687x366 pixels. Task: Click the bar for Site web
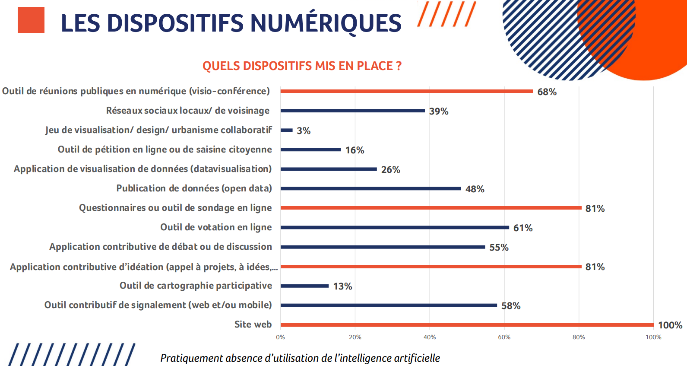pos(467,325)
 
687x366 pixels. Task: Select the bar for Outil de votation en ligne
pos(395,227)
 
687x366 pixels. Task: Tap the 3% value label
pos(304,131)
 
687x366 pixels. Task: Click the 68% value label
pos(547,92)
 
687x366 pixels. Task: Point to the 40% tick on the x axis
pos(430,337)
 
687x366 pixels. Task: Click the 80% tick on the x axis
pos(579,337)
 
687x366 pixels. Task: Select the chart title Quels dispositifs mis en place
pos(302,66)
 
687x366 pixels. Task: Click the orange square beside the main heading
pos(31,20)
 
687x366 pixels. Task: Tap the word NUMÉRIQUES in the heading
pos(326,23)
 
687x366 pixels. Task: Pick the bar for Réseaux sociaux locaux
pos(353,111)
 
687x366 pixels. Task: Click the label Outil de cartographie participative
pos(196,286)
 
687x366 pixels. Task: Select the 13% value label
pos(342,286)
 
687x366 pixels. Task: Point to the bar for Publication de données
pos(371,188)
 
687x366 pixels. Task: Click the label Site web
pos(253,325)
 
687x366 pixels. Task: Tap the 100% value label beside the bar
pos(670,325)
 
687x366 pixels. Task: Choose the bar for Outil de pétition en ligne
pos(310,150)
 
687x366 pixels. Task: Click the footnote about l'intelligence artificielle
pos(300,358)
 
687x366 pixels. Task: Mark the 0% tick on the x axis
pos(281,337)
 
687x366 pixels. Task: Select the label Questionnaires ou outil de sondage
pos(175,208)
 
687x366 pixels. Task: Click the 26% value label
pos(390,170)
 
